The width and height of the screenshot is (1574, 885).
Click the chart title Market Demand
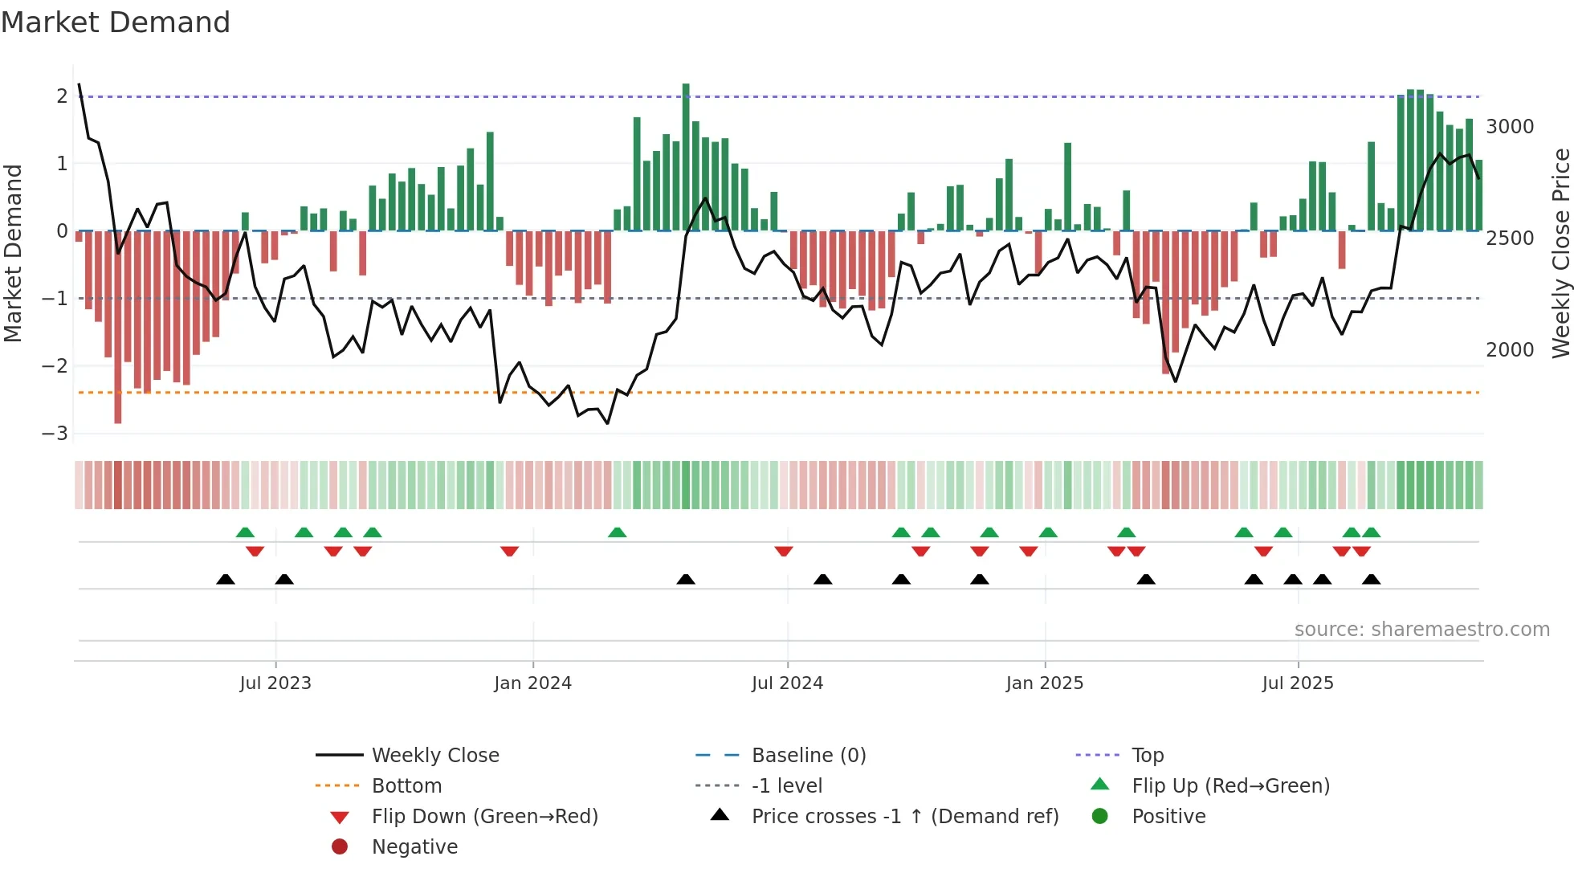tap(116, 22)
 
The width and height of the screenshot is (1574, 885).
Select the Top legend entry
tap(1147, 755)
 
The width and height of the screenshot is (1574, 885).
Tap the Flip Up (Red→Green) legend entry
tap(1230, 785)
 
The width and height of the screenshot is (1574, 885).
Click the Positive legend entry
tap(1168, 816)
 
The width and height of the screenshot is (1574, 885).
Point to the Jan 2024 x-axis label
tap(532, 683)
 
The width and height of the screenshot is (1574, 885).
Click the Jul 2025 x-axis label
tap(1297, 683)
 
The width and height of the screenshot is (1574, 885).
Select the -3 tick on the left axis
tap(55, 433)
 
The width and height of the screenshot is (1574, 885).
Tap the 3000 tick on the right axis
tap(1510, 126)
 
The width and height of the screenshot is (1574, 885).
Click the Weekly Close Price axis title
tap(1560, 253)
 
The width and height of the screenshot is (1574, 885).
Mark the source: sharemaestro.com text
tap(1421, 629)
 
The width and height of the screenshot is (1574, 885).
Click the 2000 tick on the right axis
tap(1510, 349)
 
